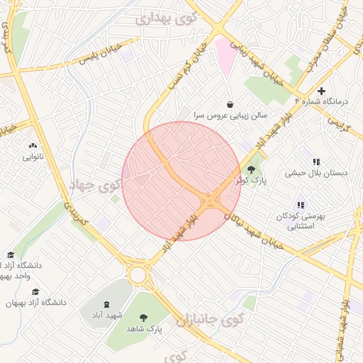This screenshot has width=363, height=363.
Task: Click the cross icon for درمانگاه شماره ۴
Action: [321, 91]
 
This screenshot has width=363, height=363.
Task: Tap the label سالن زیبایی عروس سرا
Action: [230, 114]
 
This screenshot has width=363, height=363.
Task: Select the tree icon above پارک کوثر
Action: [251, 169]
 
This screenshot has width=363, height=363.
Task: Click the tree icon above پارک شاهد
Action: [145, 317]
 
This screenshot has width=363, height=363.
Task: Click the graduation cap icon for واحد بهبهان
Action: [10, 255]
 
